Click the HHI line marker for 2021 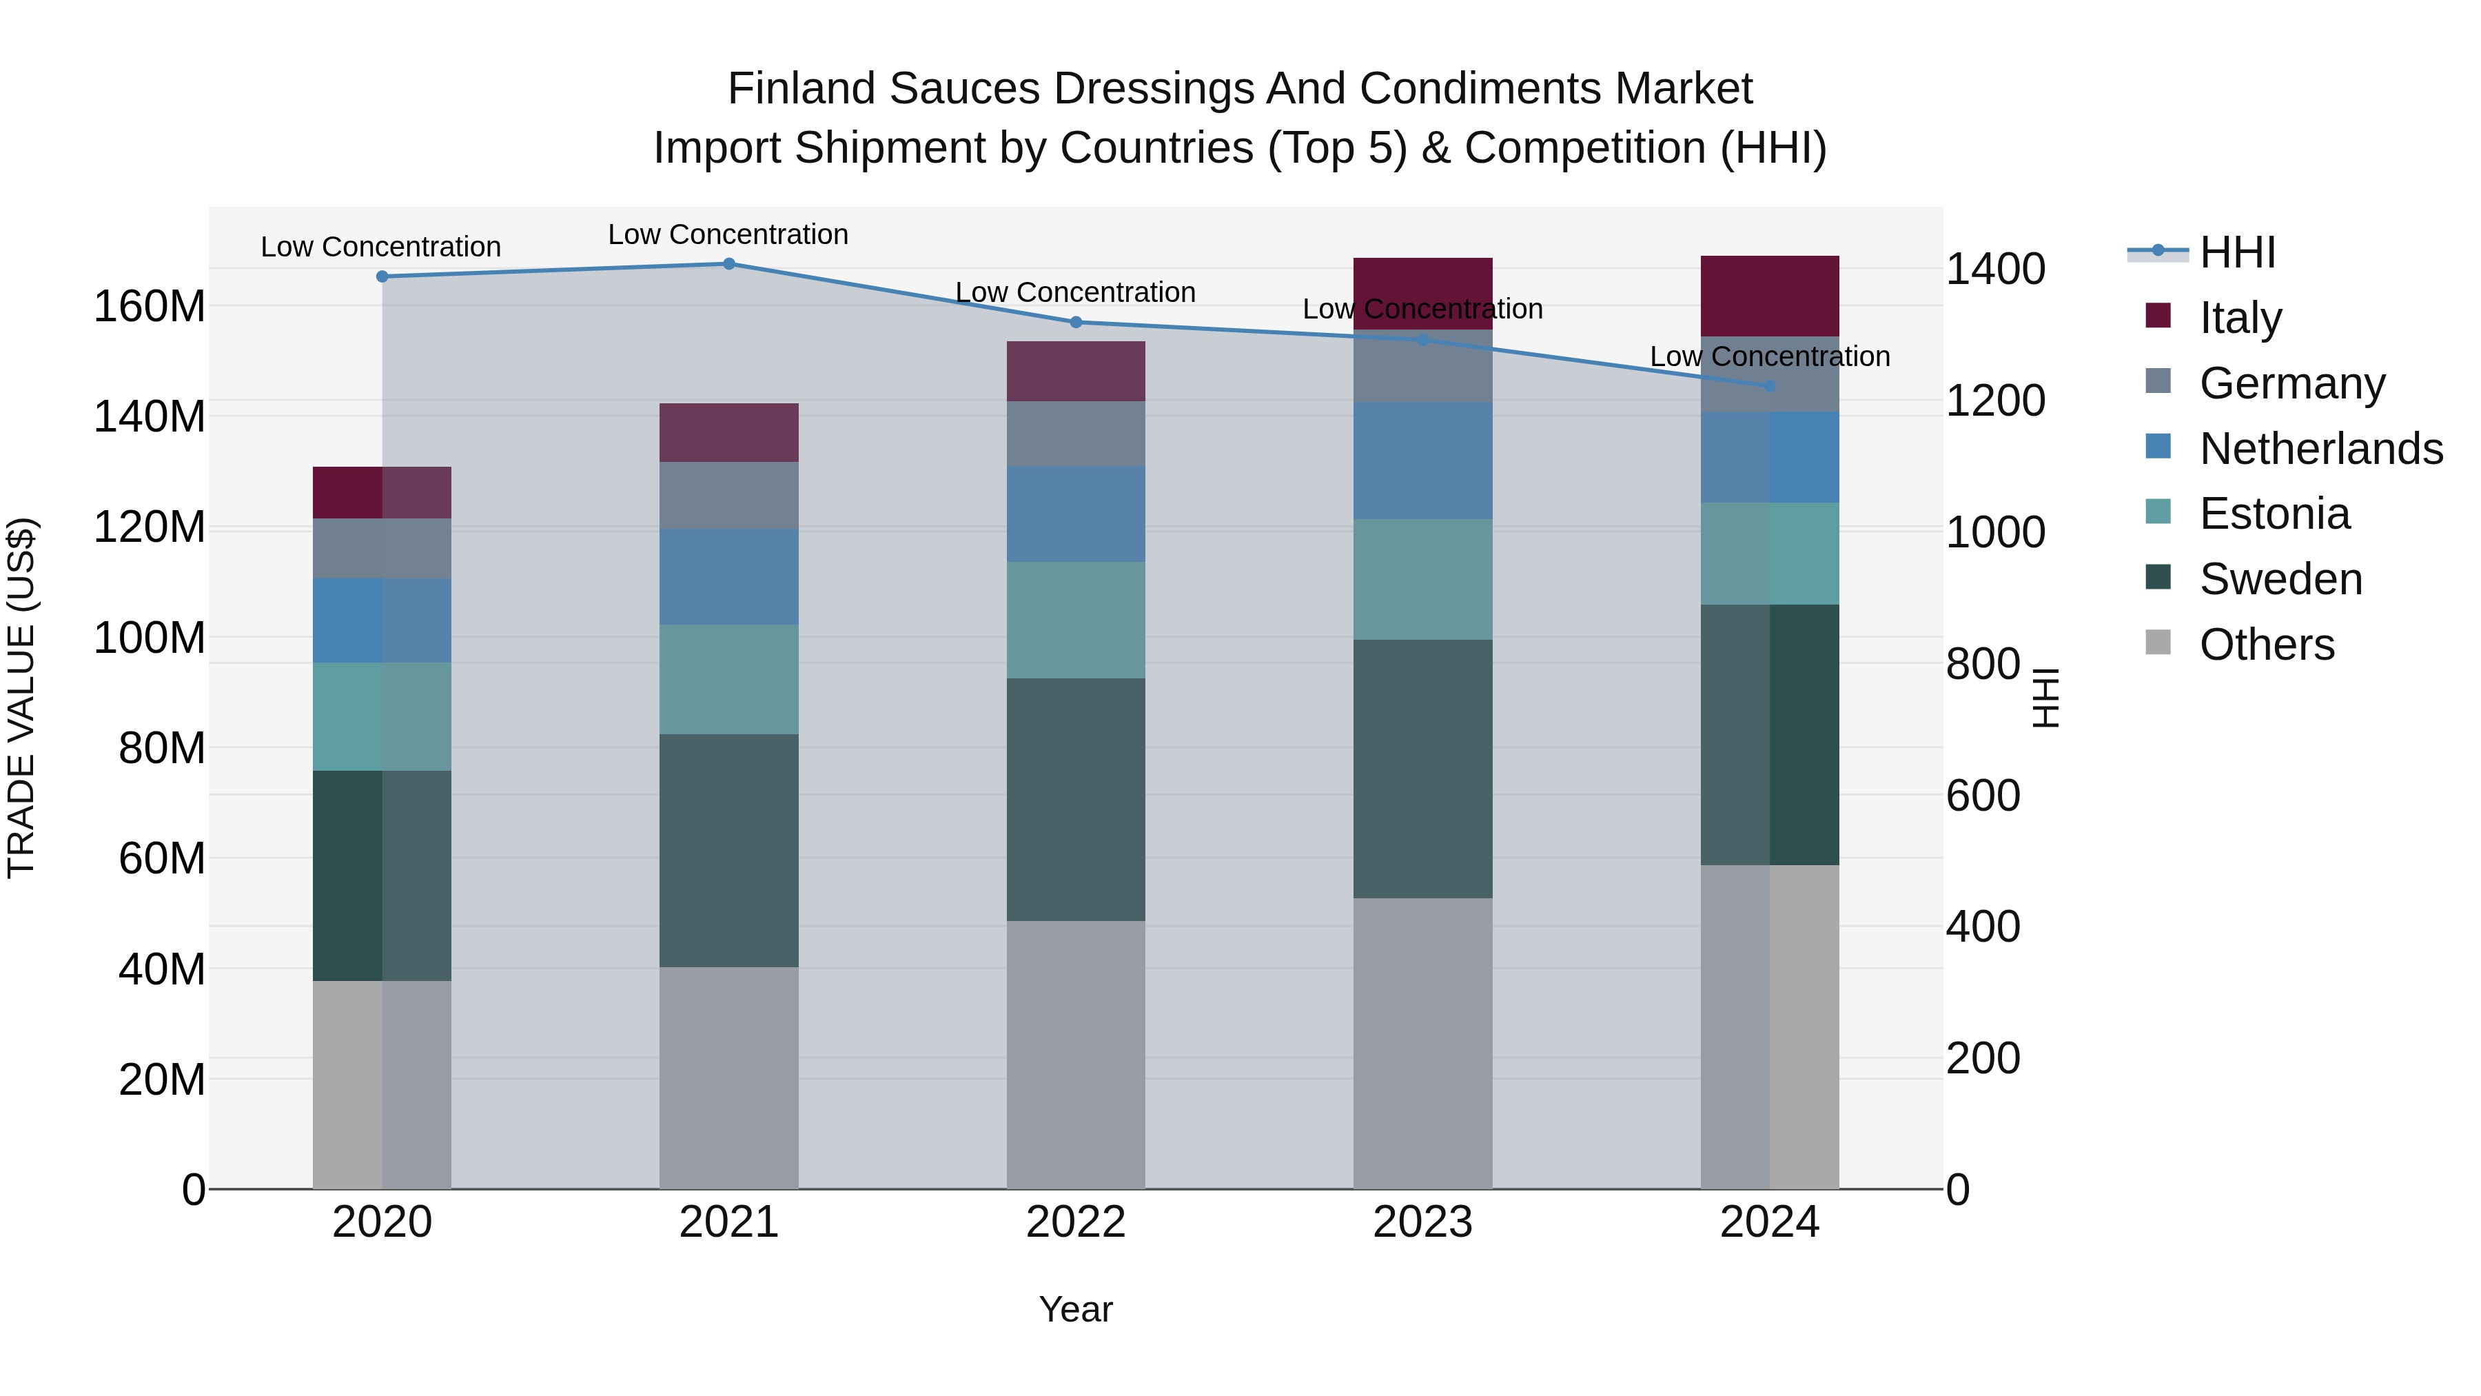click(729, 264)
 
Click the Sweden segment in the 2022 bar click(1076, 800)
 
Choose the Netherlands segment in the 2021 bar click(729, 576)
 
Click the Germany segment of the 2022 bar click(1076, 434)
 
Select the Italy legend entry click(2240, 318)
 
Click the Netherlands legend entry click(2320, 449)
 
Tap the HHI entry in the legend click(2237, 252)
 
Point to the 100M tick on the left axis click(150, 638)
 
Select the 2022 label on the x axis click(1076, 1222)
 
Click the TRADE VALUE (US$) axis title click(21, 698)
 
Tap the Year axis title click(1076, 1309)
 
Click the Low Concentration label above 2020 click(380, 247)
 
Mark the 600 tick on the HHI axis click(1982, 796)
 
